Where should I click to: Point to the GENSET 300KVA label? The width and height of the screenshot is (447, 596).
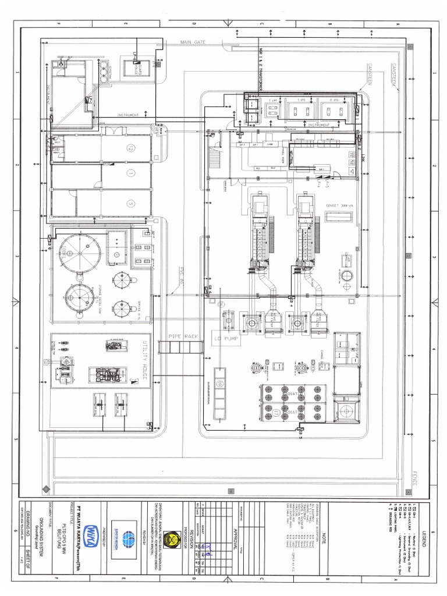tap(339, 206)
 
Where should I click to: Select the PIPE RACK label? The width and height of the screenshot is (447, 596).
tap(183, 337)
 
